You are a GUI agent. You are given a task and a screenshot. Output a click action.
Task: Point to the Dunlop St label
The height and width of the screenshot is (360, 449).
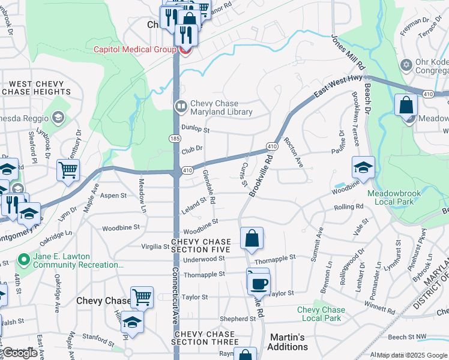click(195, 129)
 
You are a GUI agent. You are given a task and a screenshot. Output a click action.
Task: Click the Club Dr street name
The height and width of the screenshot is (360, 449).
click(192, 150)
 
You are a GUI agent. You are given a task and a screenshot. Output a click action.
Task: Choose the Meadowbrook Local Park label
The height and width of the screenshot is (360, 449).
click(399, 197)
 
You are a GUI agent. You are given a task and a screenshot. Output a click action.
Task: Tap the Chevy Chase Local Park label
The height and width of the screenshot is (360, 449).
click(321, 314)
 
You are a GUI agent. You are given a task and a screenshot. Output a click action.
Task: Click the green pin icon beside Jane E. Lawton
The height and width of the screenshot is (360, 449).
click(24, 260)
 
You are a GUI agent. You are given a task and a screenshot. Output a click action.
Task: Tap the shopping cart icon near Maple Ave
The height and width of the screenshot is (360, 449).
click(68, 170)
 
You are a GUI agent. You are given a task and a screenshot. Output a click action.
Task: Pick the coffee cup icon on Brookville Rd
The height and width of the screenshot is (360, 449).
click(259, 283)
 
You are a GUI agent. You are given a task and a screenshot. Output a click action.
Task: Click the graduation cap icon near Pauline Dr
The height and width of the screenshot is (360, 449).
click(363, 168)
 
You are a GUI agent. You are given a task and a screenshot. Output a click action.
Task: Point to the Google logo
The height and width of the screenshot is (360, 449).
click(19, 353)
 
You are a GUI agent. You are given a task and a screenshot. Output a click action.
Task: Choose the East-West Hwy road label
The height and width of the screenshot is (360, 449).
click(334, 91)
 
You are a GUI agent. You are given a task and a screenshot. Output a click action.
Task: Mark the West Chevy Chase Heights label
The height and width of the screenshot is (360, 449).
click(36, 88)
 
